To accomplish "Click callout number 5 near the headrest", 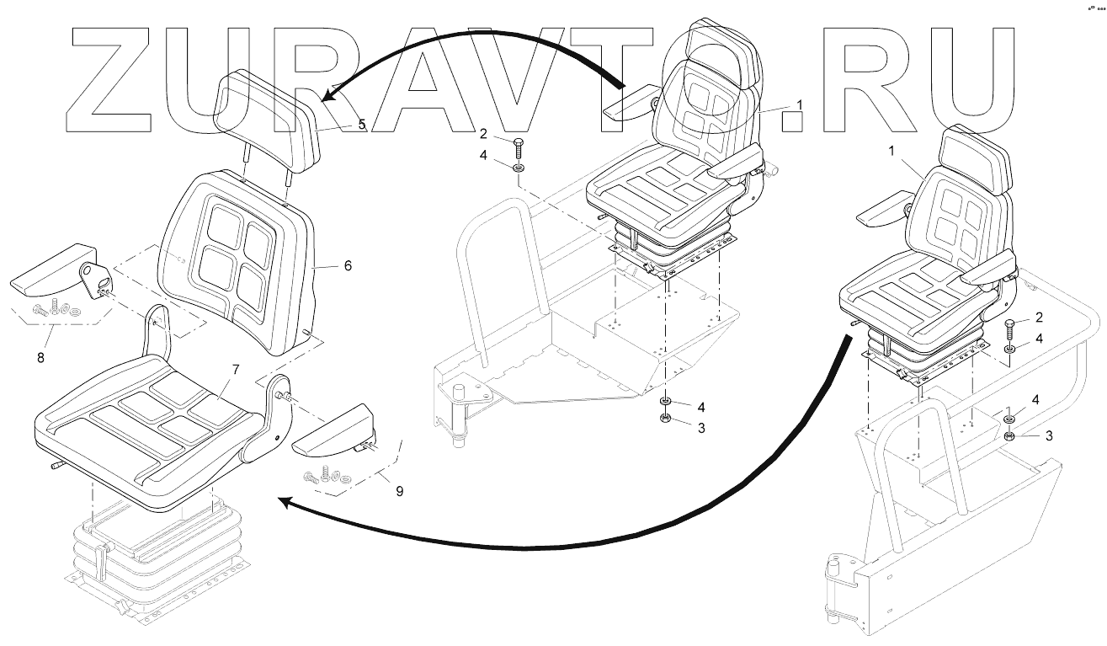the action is pos(361,125).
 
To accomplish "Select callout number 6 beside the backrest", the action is pos(348,265).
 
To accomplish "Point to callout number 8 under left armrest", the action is pos(40,357).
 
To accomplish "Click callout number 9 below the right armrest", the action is pos(399,490).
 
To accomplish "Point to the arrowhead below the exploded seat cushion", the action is pos(286,503).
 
